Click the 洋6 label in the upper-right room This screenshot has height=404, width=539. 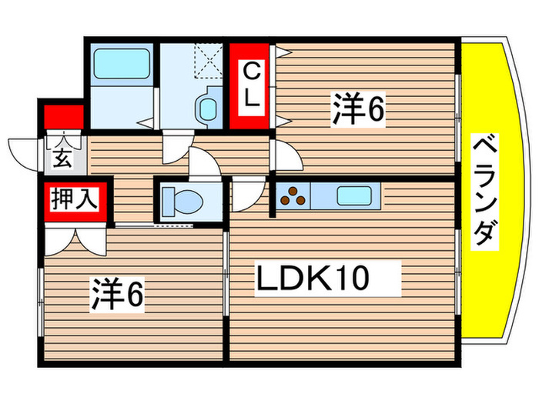[358, 110]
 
